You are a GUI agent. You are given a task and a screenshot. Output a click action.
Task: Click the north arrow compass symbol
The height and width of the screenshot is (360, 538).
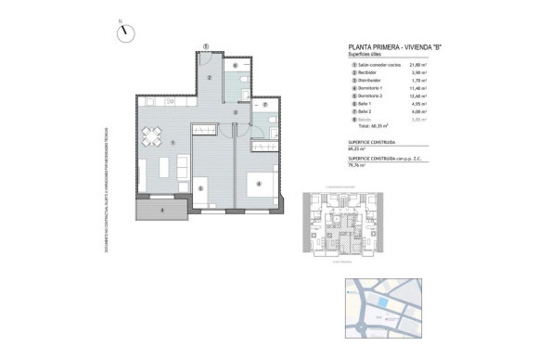[123, 32]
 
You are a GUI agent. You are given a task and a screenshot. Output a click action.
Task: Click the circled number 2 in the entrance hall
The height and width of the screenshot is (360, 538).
[211, 77]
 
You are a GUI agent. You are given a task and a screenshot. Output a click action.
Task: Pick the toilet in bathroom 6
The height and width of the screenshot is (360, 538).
[240, 84]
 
